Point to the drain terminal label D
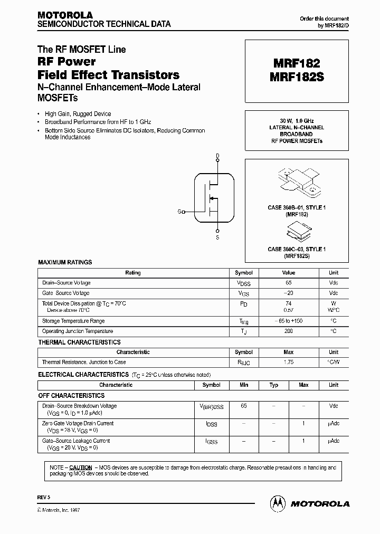[217, 156]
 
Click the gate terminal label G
[180, 212]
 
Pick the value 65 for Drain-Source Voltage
[288, 283]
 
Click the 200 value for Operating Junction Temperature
[288, 331]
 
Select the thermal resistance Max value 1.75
[288, 363]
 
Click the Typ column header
[274, 385]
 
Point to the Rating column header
[132, 273]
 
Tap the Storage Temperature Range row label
[73, 321]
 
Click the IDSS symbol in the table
[211, 424]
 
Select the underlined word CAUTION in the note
[81, 468]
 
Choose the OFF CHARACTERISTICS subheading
[72, 395]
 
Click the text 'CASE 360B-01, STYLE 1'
[296, 208]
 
